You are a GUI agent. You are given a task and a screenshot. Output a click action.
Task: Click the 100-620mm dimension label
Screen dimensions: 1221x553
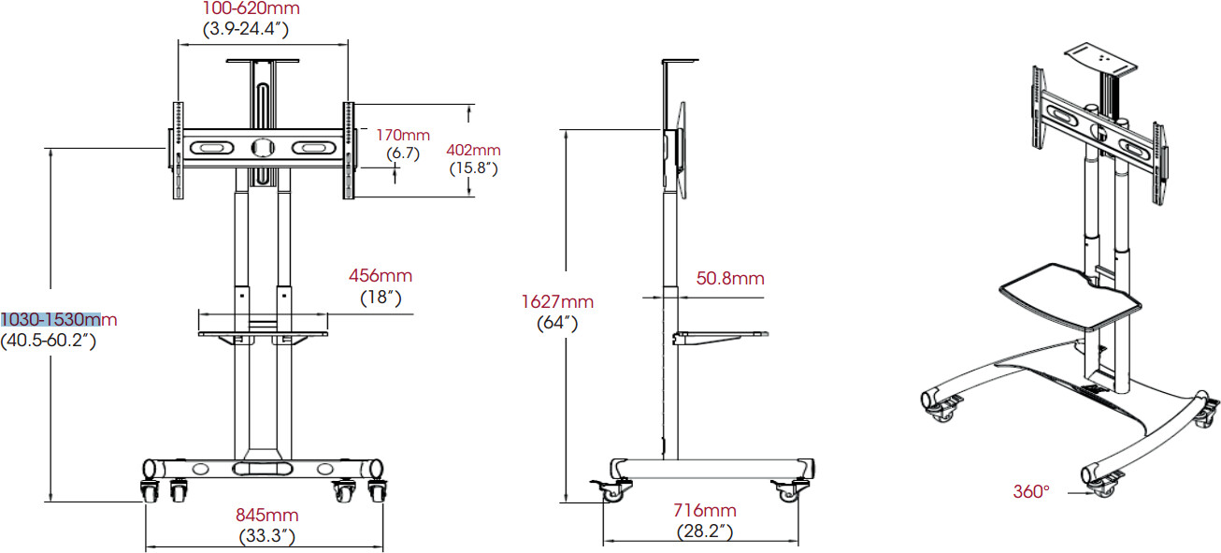coord(251,8)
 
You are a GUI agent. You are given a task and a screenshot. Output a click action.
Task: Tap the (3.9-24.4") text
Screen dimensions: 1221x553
coord(246,28)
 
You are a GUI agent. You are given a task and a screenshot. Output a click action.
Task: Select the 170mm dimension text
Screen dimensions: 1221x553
coord(403,135)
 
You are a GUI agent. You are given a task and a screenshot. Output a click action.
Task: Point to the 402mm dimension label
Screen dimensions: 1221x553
coord(473,150)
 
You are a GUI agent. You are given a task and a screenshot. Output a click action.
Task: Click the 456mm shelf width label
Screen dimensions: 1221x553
coord(381,275)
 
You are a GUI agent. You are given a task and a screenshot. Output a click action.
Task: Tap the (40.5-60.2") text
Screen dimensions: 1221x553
coord(49,341)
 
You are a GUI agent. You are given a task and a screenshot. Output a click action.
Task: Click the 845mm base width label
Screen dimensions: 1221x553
coord(267,515)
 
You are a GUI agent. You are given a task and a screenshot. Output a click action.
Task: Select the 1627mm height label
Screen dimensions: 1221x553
coord(557,301)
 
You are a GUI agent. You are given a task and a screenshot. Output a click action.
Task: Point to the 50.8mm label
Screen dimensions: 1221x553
coord(730,278)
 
